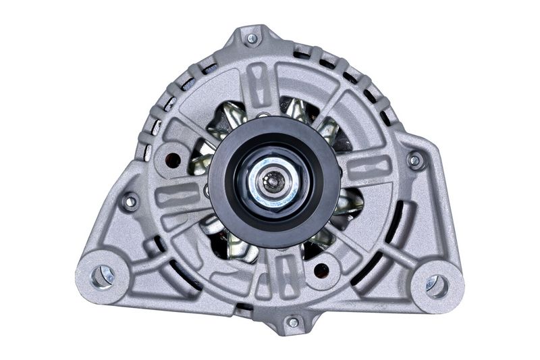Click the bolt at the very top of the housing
click(251, 38)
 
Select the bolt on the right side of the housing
click(416, 160)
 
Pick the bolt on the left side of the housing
click(128, 201)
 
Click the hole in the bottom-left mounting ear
click(101, 276)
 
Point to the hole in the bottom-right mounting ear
click(437, 285)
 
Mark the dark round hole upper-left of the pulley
click(173, 160)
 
